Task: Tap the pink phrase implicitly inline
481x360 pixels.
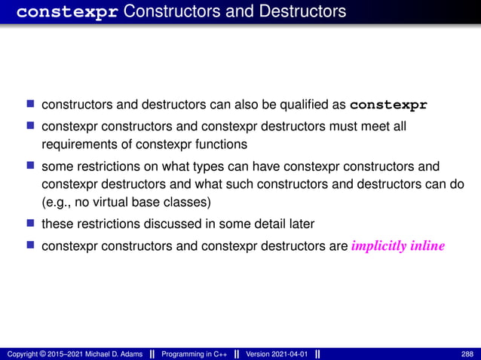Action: point(398,246)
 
